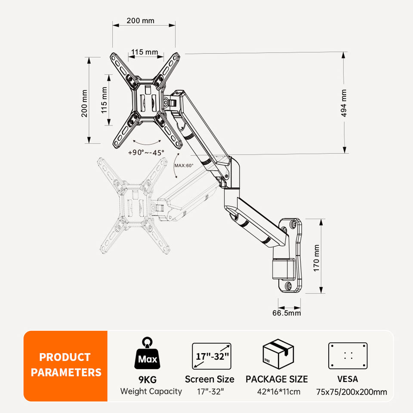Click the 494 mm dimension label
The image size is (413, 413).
pyautogui.click(x=344, y=103)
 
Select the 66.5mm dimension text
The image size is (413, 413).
pyautogui.click(x=287, y=313)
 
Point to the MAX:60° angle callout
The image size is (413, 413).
pyautogui.click(x=184, y=165)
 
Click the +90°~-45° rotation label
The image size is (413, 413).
pyautogui.click(x=146, y=152)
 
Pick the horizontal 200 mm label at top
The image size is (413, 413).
pyautogui.click(x=140, y=21)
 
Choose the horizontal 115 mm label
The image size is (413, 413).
pyautogui.click(x=145, y=52)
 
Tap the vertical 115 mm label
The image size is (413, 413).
pyautogui.click(x=104, y=100)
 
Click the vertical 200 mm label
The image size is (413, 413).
pyautogui.click(x=84, y=103)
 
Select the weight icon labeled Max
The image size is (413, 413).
pyautogui.click(x=147, y=355)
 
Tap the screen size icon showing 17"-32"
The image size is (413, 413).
pyautogui.click(x=212, y=356)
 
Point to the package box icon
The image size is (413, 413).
pyautogui.click(x=278, y=355)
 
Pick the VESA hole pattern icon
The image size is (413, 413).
pyautogui.click(x=348, y=356)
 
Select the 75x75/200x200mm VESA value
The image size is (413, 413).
pyautogui.click(x=351, y=391)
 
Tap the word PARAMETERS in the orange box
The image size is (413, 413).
pyautogui.click(x=66, y=372)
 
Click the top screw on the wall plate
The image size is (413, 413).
pyautogui.click(x=293, y=225)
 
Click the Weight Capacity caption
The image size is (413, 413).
pyautogui.click(x=151, y=391)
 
